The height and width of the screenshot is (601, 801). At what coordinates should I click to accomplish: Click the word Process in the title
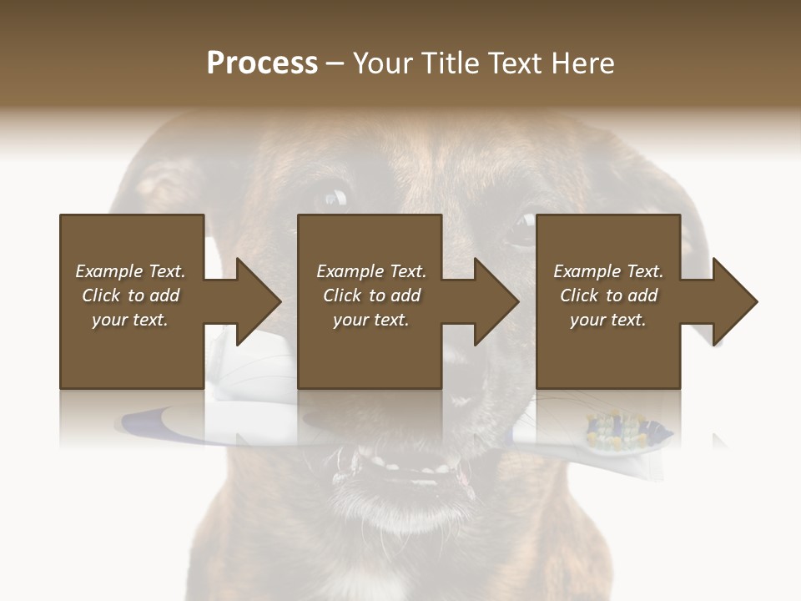point(262,63)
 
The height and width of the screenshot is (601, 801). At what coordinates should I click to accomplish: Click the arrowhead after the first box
point(258,301)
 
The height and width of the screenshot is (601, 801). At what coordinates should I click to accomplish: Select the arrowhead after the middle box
point(496,301)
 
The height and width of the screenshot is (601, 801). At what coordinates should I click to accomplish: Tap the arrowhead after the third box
point(734,301)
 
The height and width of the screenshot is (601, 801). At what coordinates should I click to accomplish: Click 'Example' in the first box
point(108,271)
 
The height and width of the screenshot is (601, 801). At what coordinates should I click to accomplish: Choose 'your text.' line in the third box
point(607,320)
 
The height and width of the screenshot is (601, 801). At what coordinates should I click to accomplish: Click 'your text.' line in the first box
point(130,320)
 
